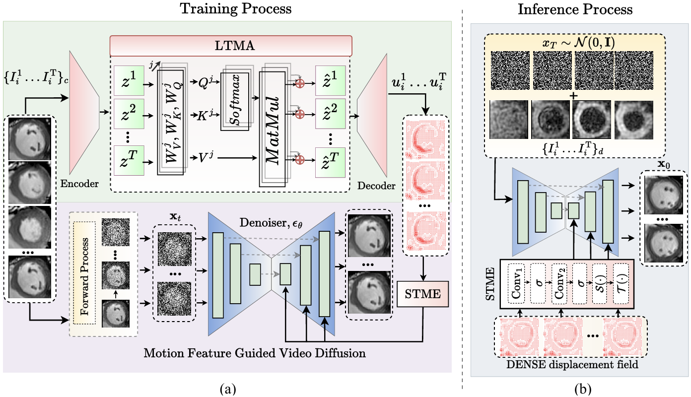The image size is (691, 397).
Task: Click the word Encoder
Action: pos(79,185)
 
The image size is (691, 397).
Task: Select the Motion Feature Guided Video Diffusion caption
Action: pos(254,354)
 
